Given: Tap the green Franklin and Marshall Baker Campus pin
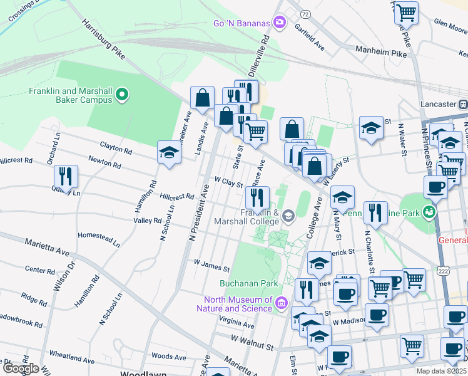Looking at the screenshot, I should coord(122,95).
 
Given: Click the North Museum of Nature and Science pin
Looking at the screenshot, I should coord(282,303).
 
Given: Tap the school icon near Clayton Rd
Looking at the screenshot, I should coord(169,153).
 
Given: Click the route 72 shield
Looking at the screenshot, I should coord(305,13).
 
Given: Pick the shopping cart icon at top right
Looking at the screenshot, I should coord(406,12).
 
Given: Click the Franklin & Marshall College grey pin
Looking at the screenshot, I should coord(288,217).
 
